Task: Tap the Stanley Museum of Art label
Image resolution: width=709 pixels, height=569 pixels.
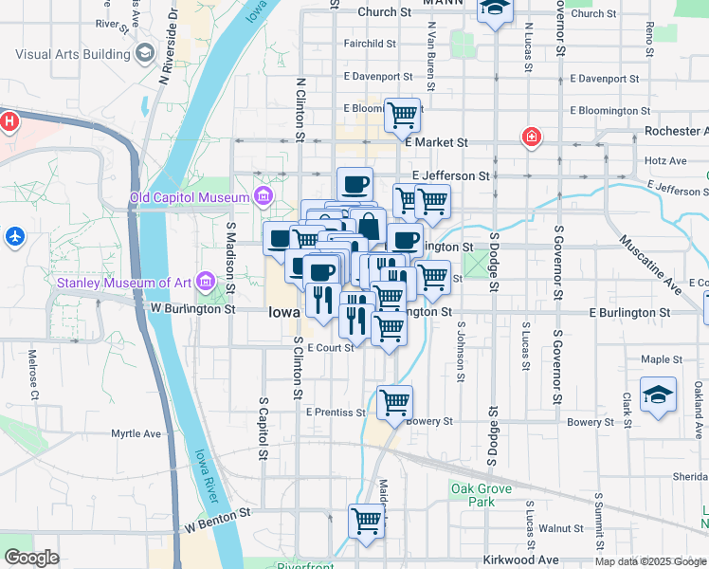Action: click(x=124, y=282)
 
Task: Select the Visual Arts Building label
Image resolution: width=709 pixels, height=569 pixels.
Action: click(x=72, y=54)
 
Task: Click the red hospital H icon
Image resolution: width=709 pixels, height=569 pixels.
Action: click(x=9, y=121)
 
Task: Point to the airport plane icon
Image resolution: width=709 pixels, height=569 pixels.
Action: click(x=15, y=235)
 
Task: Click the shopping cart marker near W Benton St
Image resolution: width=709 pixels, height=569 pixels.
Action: click(x=366, y=520)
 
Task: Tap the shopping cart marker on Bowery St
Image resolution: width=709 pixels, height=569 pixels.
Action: click(x=394, y=401)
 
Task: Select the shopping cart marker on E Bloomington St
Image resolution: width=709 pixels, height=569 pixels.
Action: click(x=402, y=115)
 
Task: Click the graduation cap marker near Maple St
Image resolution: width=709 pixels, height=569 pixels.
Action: click(x=658, y=396)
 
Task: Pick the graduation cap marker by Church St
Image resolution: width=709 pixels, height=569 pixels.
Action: click(x=494, y=10)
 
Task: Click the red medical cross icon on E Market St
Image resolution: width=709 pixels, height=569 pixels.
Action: click(x=531, y=138)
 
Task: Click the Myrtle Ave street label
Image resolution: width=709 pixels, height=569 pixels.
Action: click(x=136, y=433)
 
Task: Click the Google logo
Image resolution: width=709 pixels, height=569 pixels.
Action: click(x=31, y=558)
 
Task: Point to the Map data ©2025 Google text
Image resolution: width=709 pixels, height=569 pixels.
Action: click(x=650, y=561)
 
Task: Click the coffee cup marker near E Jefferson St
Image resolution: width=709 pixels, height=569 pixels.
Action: click(x=354, y=183)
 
